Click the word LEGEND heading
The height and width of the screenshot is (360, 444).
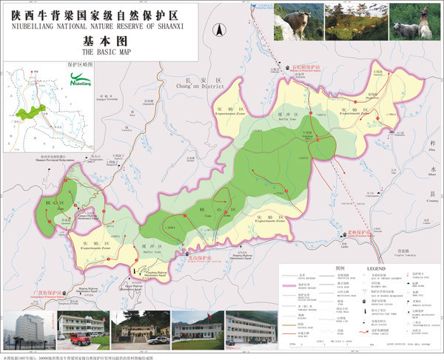(374, 268)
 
